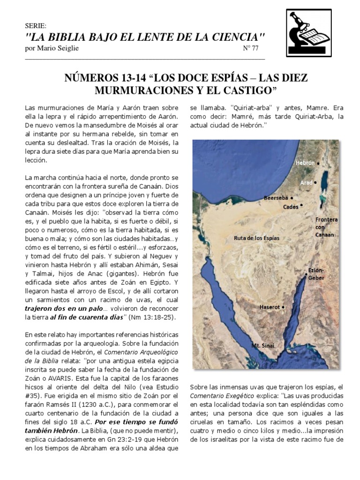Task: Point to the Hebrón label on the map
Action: point(305,163)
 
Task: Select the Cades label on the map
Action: point(291,206)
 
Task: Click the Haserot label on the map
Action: point(270,307)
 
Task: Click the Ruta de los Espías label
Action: point(256,238)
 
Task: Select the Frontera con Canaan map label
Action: point(326,227)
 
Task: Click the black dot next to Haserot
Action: point(283,307)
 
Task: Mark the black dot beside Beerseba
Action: point(292,198)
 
